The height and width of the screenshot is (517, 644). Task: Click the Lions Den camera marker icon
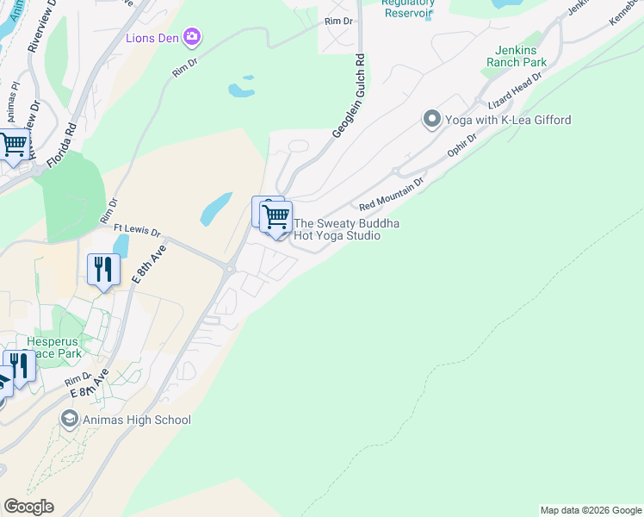click(x=191, y=37)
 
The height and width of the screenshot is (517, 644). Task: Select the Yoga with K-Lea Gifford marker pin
click(x=432, y=120)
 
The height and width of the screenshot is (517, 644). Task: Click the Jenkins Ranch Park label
click(x=517, y=56)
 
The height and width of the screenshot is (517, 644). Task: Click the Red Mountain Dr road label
click(x=392, y=195)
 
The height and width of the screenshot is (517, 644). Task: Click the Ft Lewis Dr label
click(x=138, y=231)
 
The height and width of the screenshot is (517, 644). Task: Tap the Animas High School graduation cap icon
click(x=69, y=420)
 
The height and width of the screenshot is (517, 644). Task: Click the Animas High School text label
click(x=137, y=420)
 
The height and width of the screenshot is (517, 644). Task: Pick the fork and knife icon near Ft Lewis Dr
click(x=103, y=270)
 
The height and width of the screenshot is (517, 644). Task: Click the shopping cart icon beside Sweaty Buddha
click(x=276, y=217)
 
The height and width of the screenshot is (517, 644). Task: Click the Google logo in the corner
click(x=28, y=507)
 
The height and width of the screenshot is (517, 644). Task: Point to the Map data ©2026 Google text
click(x=591, y=510)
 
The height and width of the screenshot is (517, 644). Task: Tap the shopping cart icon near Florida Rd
click(x=13, y=146)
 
